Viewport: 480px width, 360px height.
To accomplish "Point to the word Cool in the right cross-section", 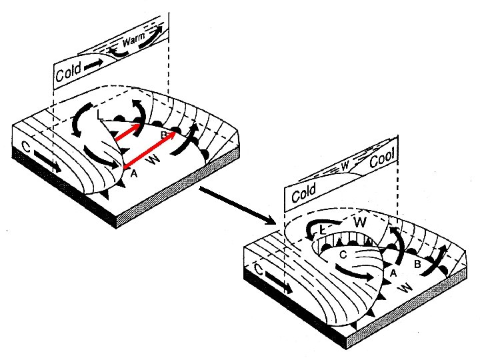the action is tap(382, 159).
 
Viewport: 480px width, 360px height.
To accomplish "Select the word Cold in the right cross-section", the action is tap(303, 193).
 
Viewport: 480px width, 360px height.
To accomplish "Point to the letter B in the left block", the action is tap(163, 136).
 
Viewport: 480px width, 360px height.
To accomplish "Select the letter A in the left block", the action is tap(133, 173).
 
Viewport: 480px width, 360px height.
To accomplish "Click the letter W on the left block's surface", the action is tap(153, 159).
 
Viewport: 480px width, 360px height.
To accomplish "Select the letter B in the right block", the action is tap(417, 265).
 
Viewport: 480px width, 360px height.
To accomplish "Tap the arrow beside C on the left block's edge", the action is tap(47, 163).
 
